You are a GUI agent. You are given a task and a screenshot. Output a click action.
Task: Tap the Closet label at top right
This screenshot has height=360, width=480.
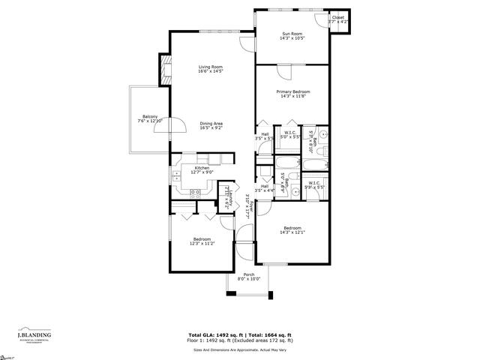(x=339, y=19)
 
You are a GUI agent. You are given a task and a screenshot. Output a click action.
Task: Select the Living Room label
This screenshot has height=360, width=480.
(x=212, y=70)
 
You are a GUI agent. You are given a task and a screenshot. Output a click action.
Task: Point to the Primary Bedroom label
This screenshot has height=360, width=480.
(x=292, y=94)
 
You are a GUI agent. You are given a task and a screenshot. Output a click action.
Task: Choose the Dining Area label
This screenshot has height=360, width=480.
(x=211, y=125)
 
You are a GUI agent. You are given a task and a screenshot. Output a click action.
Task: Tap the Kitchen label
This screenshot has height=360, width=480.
(x=202, y=169)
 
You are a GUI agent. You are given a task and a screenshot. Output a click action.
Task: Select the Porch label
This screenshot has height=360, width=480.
(x=248, y=277)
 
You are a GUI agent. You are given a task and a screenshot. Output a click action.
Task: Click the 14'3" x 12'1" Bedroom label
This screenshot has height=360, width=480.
(x=292, y=230)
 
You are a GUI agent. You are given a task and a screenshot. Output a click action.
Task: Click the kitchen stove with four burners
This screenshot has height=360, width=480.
(x=195, y=193)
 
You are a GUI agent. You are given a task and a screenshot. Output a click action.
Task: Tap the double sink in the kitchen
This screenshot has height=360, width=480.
(x=177, y=176)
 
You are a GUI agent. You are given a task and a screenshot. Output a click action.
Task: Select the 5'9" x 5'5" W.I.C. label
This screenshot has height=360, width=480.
(x=314, y=184)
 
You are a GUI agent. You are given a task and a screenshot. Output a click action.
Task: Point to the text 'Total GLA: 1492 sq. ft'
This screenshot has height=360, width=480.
(x=214, y=334)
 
